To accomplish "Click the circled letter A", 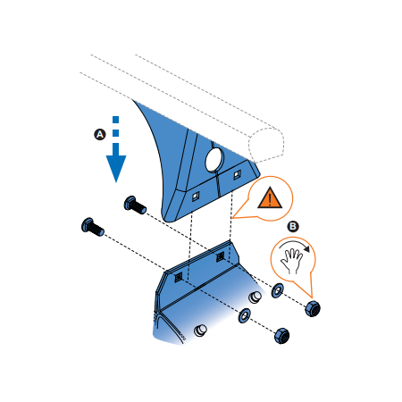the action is (100, 134).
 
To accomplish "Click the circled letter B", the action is (293, 226).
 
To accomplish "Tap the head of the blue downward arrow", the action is (116, 168).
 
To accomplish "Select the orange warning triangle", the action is (270, 197).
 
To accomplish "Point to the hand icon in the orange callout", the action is (291, 261).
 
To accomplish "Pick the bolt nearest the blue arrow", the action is (135, 205).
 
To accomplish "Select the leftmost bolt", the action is (92, 227).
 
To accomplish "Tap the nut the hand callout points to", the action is (313, 308).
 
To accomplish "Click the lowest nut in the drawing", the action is (281, 336).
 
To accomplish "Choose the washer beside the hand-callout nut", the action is (277, 290).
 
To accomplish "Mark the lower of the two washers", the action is (245, 315).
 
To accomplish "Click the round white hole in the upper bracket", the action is (214, 160).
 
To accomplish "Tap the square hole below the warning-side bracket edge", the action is (237, 174).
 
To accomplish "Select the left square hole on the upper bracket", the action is (196, 197).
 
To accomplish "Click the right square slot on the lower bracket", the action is (220, 256).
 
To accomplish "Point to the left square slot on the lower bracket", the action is (179, 277).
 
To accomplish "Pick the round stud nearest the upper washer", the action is (255, 297).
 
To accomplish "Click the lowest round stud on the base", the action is (200, 331).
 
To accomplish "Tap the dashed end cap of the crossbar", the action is (266, 146).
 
